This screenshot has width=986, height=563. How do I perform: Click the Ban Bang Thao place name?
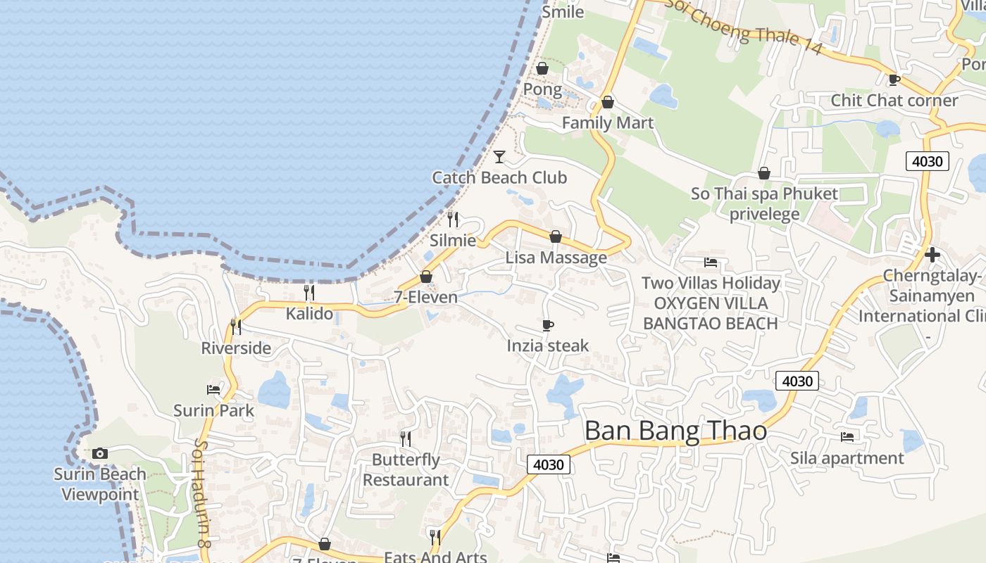tap(675, 430)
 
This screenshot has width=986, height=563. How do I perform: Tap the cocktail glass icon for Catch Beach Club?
tap(499, 156)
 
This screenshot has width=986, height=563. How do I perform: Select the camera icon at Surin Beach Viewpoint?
tap(100, 453)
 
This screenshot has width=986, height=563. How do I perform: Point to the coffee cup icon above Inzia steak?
tap(548, 325)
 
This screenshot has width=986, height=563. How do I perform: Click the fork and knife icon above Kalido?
tap(309, 293)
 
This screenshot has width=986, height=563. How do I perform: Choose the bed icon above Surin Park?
tap(213, 389)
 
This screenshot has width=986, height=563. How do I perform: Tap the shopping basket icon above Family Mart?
tap(608, 102)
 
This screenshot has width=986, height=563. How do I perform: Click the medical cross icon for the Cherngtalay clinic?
tap(932, 254)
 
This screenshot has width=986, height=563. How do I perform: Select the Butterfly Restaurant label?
tap(406, 470)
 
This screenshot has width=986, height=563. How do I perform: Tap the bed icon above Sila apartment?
tap(847, 437)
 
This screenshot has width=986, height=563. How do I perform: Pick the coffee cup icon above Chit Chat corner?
tap(894, 80)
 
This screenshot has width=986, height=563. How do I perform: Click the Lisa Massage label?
tap(556, 258)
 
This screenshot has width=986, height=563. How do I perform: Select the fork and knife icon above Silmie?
tap(453, 220)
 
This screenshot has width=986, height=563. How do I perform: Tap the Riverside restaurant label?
tap(236, 348)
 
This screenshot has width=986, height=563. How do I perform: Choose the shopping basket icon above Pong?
tap(542, 68)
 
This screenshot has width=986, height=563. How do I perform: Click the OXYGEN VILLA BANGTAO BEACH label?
tap(710, 313)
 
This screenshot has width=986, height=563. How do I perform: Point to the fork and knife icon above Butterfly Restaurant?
tap(406, 439)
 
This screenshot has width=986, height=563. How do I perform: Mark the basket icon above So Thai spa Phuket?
tap(764, 173)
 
